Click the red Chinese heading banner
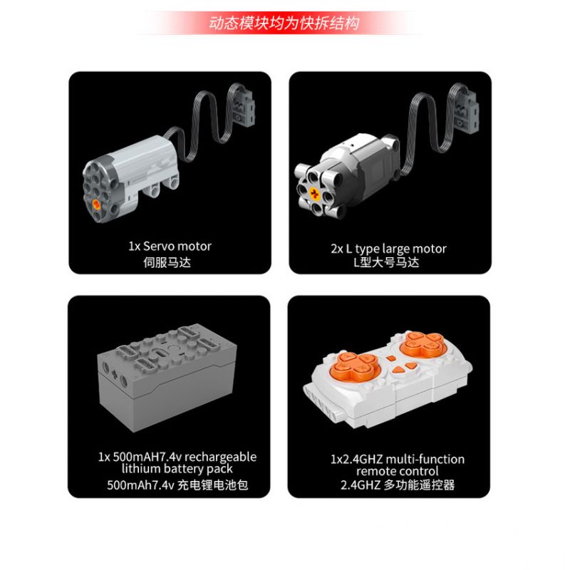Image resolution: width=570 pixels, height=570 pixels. click(284, 23)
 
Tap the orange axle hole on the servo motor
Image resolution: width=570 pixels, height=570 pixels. click(96, 204)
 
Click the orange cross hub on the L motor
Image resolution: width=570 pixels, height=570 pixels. click(314, 194)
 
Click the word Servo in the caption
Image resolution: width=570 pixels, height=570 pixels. click(159, 246)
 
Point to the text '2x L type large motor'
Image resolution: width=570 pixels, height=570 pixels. click(388, 249)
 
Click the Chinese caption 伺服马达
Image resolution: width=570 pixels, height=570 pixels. click(167, 262)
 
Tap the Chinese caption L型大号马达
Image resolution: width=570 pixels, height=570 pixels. click(386, 262)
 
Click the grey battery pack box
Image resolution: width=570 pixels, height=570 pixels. click(167, 378)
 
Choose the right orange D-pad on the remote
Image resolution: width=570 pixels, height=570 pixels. click(423, 344)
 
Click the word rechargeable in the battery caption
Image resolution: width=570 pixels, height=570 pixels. click(221, 457)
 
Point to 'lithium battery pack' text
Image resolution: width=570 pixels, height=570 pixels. click(177, 469)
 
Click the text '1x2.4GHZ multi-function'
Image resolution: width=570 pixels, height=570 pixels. click(398, 459)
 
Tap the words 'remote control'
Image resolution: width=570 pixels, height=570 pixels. click(398, 471)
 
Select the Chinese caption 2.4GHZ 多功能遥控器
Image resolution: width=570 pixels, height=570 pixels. click(398, 485)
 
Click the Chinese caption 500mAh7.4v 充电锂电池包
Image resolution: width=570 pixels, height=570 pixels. click(177, 485)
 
